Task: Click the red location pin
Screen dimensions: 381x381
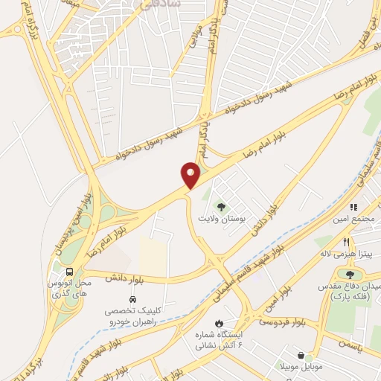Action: [x=191, y=174]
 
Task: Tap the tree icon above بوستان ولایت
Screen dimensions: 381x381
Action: [x=220, y=205]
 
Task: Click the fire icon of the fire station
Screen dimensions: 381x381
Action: [x=219, y=323]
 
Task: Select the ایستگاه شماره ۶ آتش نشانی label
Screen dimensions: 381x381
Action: [x=221, y=340]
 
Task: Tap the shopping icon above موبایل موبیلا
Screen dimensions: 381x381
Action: [x=300, y=356]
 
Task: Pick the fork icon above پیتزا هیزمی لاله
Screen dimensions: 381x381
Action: [x=347, y=242]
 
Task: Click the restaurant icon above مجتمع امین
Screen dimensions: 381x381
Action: [x=354, y=207]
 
